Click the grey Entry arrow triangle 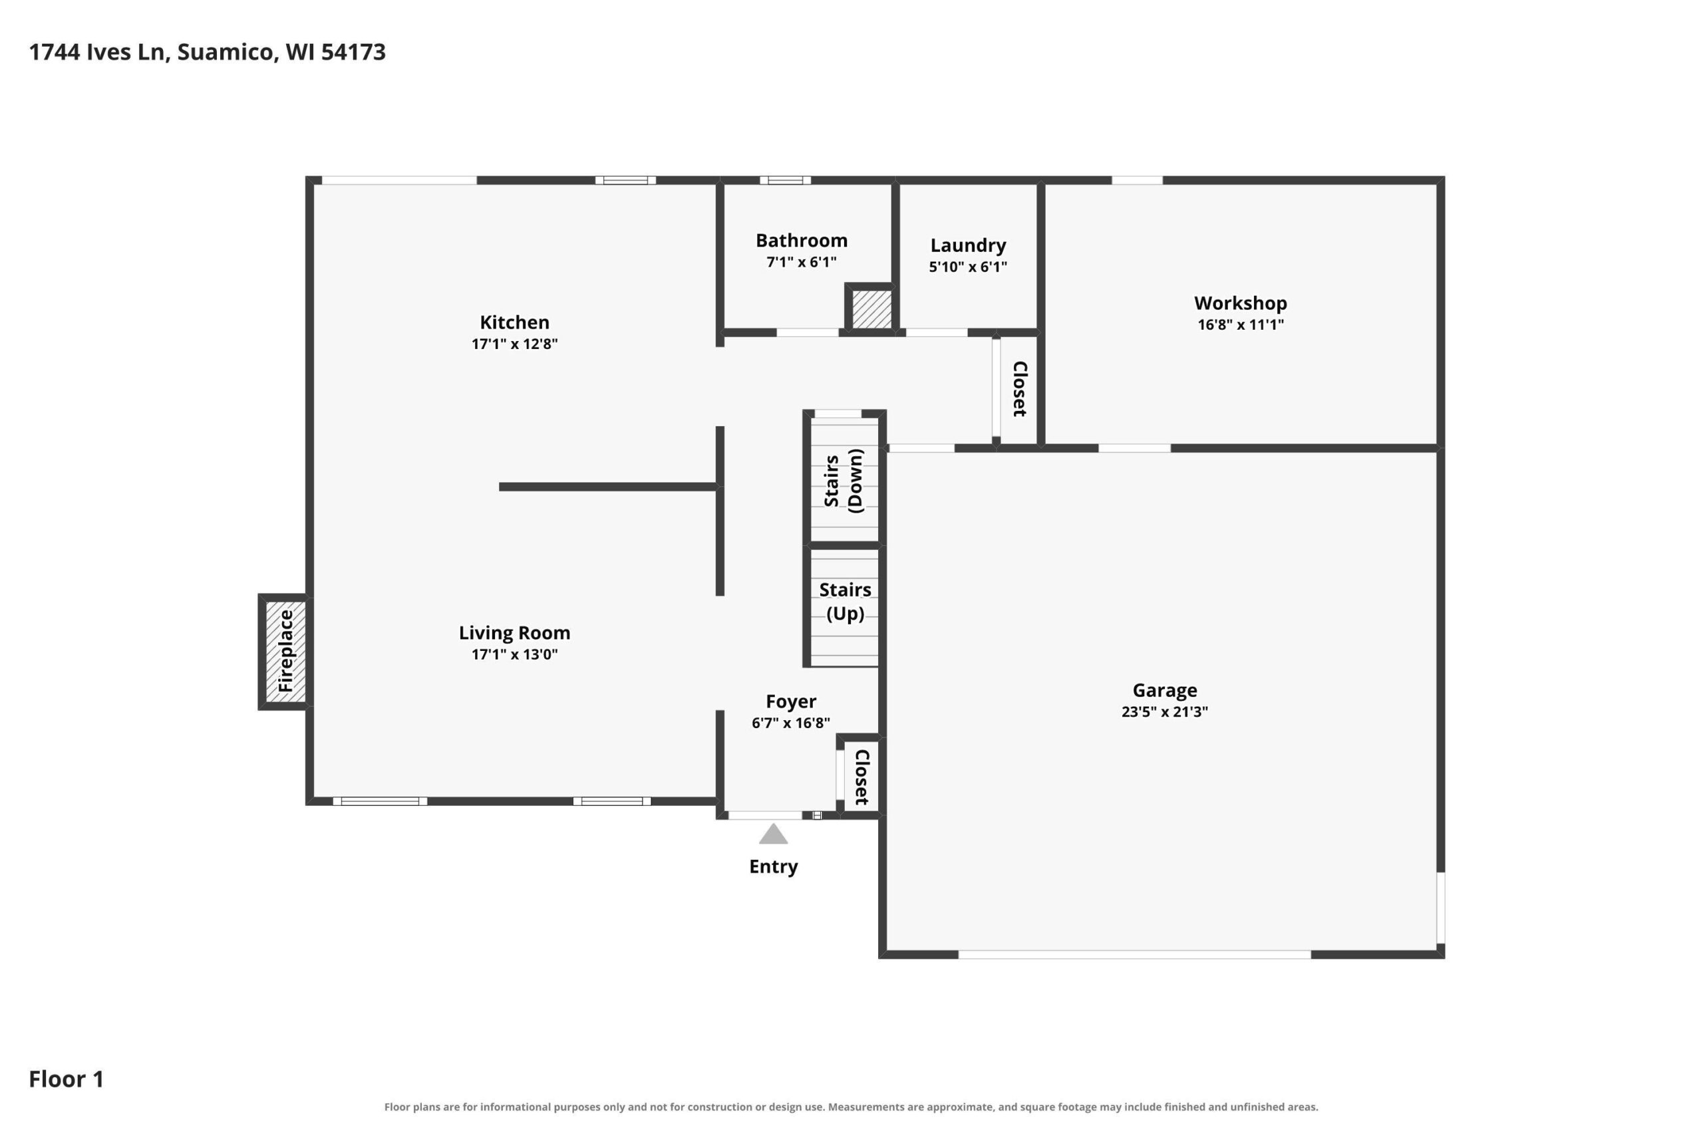pyautogui.click(x=773, y=834)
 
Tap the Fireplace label pyautogui.click(x=286, y=651)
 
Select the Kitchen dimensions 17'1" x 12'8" pyautogui.click(x=515, y=344)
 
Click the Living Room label pyautogui.click(x=515, y=632)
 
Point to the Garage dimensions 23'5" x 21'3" pyautogui.click(x=1165, y=711)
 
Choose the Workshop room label pyautogui.click(x=1241, y=303)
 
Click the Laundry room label pyautogui.click(x=968, y=245)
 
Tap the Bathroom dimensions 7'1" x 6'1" pyautogui.click(x=802, y=262)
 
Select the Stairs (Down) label pyautogui.click(x=844, y=481)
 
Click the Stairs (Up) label pyautogui.click(x=845, y=602)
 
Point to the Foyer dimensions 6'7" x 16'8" pyautogui.click(x=791, y=722)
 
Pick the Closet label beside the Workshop pyautogui.click(x=1020, y=389)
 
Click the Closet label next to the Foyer pyautogui.click(x=861, y=777)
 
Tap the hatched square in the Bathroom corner pyautogui.click(x=871, y=309)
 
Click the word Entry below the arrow pyautogui.click(x=773, y=866)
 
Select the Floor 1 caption pyautogui.click(x=67, y=1079)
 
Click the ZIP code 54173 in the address pyautogui.click(x=353, y=52)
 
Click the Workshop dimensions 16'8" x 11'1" pyautogui.click(x=1241, y=324)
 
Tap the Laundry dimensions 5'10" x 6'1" pyautogui.click(x=968, y=267)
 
